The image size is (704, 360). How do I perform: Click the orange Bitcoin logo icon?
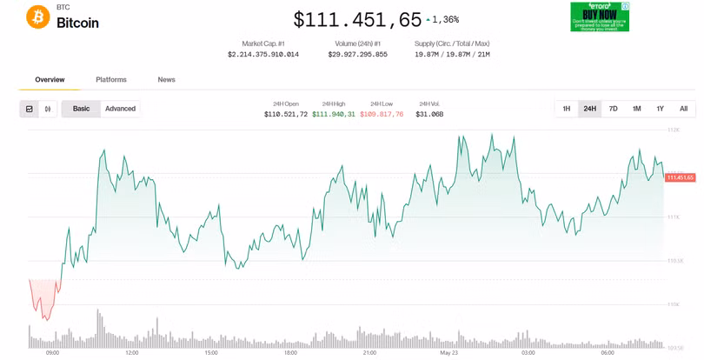click(38, 17)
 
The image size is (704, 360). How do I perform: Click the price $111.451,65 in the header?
click(357, 19)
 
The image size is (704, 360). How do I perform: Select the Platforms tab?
click(111, 80)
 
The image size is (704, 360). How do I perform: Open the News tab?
click(166, 80)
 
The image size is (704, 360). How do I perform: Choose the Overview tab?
click(50, 80)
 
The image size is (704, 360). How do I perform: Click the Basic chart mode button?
click(81, 109)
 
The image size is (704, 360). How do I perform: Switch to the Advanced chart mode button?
click(120, 109)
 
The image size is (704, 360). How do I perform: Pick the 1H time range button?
click(567, 109)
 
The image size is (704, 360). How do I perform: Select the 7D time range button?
click(614, 109)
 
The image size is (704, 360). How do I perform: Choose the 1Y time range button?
click(661, 109)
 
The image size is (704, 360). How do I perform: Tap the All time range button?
click(684, 109)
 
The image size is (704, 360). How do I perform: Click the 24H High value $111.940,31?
click(334, 114)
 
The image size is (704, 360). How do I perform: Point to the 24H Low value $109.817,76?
click(382, 114)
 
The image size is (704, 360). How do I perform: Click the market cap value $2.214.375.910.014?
click(263, 54)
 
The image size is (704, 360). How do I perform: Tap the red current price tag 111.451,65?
click(680, 177)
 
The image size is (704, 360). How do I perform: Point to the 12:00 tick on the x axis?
click(132, 353)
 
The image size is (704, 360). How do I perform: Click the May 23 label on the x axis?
click(448, 353)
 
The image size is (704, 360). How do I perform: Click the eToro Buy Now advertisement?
click(600, 17)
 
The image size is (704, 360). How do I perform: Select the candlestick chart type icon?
click(48, 109)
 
